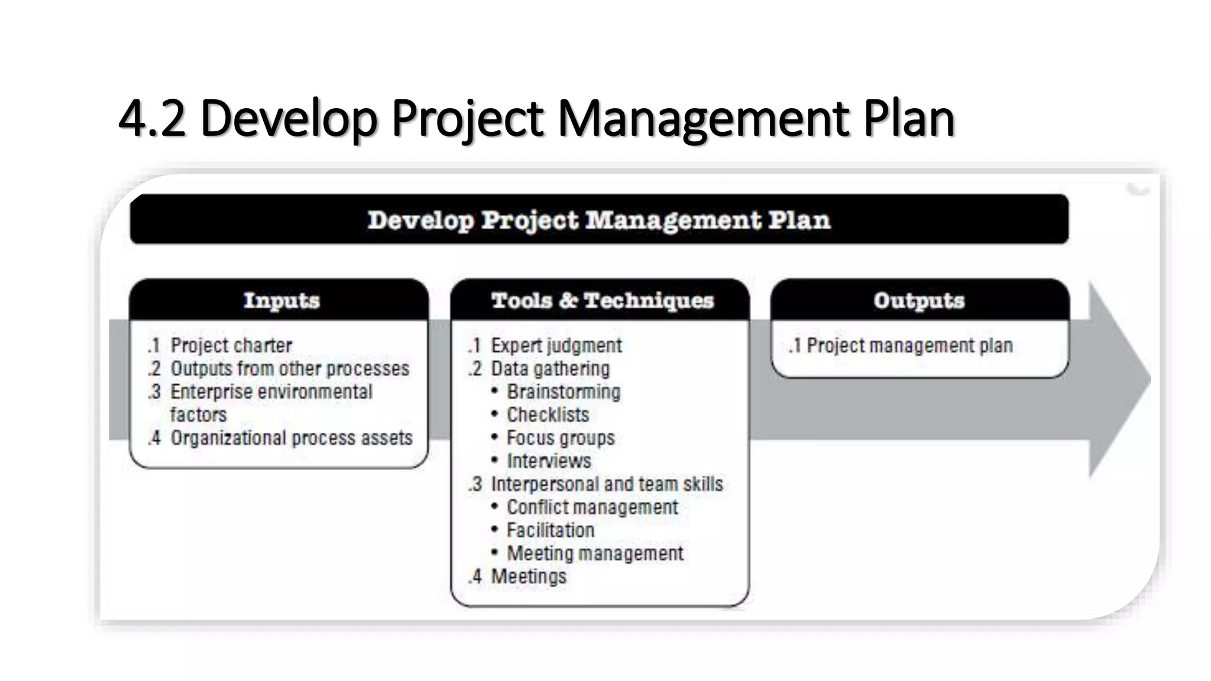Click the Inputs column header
(x=281, y=300)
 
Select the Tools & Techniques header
(x=602, y=300)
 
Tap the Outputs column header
(x=919, y=300)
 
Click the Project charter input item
(x=231, y=345)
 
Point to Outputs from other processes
(x=290, y=368)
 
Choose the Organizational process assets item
(x=291, y=438)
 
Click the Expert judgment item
(x=556, y=345)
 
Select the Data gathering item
(x=550, y=368)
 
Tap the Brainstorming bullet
(x=564, y=391)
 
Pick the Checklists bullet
(x=548, y=414)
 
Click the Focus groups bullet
(x=561, y=438)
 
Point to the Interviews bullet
(x=549, y=461)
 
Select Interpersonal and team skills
(x=607, y=484)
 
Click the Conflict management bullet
(x=592, y=507)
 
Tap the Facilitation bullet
(x=551, y=530)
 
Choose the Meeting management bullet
(x=595, y=553)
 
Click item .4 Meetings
(x=528, y=576)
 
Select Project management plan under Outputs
(x=909, y=345)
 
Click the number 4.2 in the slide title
(x=151, y=118)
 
